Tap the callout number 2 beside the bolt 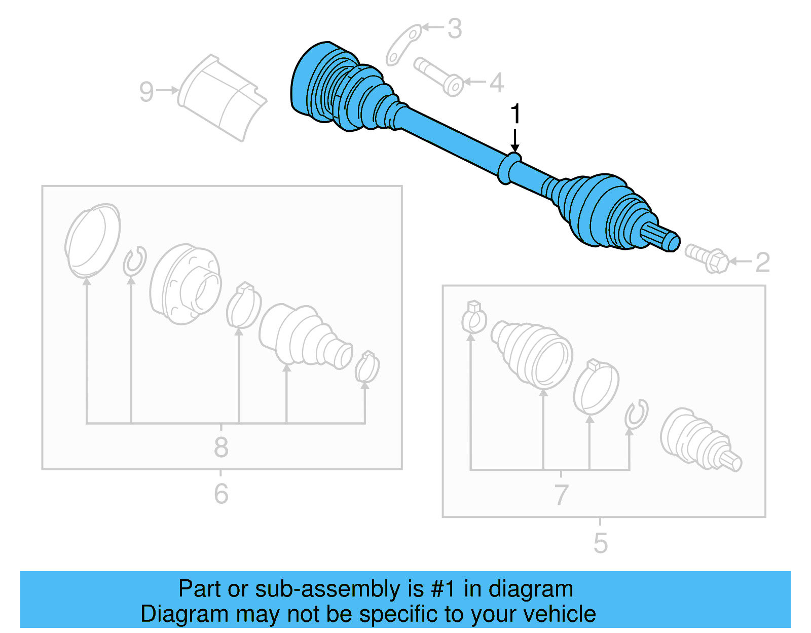pos(762,263)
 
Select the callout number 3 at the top pos(455,29)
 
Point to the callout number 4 pos(496,83)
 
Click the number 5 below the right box pos(600,543)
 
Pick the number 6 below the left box pos(221,494)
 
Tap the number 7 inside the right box pos(561,494)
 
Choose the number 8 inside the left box pos(221,448)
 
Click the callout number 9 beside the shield pos(146,92)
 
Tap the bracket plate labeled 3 pos(404,45)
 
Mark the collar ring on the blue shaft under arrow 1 pos(508,168)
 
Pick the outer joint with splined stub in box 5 pos(699,440)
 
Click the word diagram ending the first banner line pos(531,589)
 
